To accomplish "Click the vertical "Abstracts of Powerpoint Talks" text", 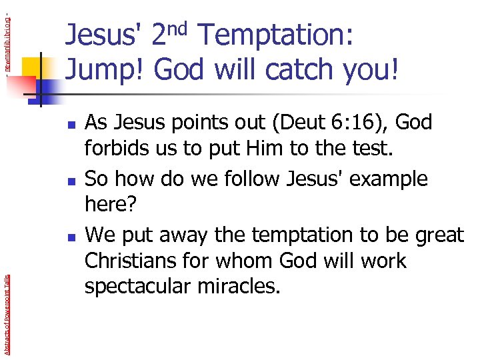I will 6,300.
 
